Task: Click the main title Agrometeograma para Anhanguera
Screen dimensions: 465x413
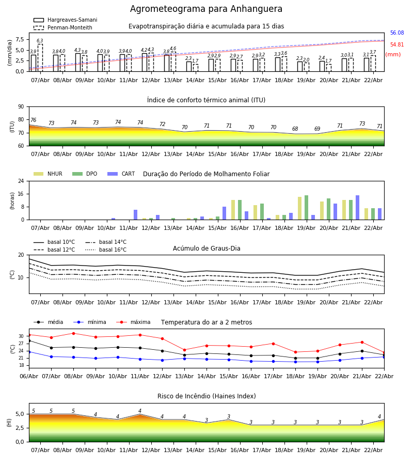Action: pyautogui.click(x=206, y=9)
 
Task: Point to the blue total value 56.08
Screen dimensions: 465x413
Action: pyautogui.click(x=397, y=33)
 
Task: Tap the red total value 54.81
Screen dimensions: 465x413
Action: pyautogui.click(x=397, y=45)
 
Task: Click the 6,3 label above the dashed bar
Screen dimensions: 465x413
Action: pyautogui.click(x=40, y=41)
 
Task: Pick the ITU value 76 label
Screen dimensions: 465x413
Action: pyautogui.click(x=33, y=120)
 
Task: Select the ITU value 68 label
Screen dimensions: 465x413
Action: pyautogui.click(x=295, y=129)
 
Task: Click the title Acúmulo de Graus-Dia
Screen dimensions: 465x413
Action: pyautogui.click(x=206, y=249)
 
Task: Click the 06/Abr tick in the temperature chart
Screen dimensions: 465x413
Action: pyautogui.click(x=29, y=376)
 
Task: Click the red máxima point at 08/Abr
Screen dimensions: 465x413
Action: pyautogui.click(x=73, y=333)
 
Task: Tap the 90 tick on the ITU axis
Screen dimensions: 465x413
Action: pyautogui.click(x=21, y=107)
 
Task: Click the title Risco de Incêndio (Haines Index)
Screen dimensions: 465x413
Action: pyautogui.click(x=206, y=396)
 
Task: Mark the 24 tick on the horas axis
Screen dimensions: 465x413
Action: pyautogui.click(x=21, y=181)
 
